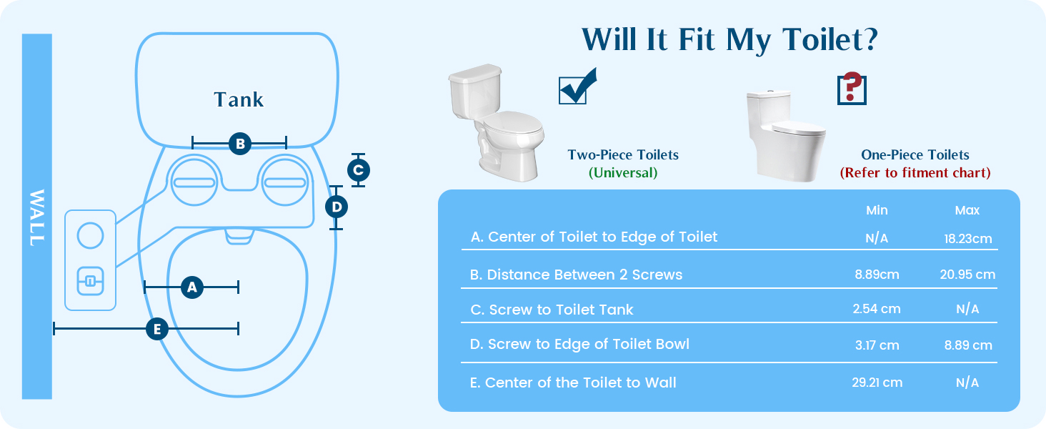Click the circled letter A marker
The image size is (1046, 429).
191,287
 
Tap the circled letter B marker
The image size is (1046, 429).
240,144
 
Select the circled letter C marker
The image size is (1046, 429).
358,170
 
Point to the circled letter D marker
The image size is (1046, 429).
337,207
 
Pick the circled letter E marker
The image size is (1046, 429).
156,329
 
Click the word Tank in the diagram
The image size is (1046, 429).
239,100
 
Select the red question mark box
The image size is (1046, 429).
851,89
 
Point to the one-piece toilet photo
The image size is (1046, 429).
785,134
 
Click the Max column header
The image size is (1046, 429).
967,210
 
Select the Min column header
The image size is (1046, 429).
877,210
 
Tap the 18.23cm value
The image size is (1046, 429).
968,239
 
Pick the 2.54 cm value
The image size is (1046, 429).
877,309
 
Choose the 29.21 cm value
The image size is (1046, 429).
877,383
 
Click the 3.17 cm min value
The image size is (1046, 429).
877,345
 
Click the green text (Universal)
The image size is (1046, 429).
623,173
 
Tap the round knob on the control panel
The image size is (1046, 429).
90,235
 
